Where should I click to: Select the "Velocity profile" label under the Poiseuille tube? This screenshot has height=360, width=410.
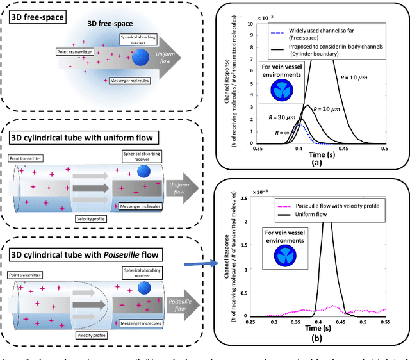[x=92, y=333]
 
